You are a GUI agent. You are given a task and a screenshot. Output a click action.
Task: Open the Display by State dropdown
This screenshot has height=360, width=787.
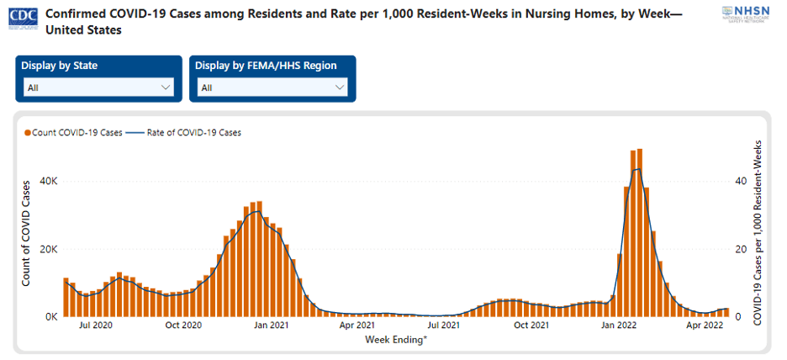98,87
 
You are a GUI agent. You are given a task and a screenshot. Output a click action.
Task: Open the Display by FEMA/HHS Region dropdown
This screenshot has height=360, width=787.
272,87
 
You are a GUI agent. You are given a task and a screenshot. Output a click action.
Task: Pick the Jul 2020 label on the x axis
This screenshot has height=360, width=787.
96,325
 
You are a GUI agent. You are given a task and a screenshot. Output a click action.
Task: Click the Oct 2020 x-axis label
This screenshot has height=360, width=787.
182,325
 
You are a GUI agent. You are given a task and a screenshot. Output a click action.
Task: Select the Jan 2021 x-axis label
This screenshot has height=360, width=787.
271,325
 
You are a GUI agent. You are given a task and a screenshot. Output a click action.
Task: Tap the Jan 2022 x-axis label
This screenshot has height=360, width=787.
619,325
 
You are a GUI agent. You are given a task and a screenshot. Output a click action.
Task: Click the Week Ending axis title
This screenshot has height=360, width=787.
396,339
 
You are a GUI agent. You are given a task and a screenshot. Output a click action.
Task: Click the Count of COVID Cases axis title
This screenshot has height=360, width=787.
26,231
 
